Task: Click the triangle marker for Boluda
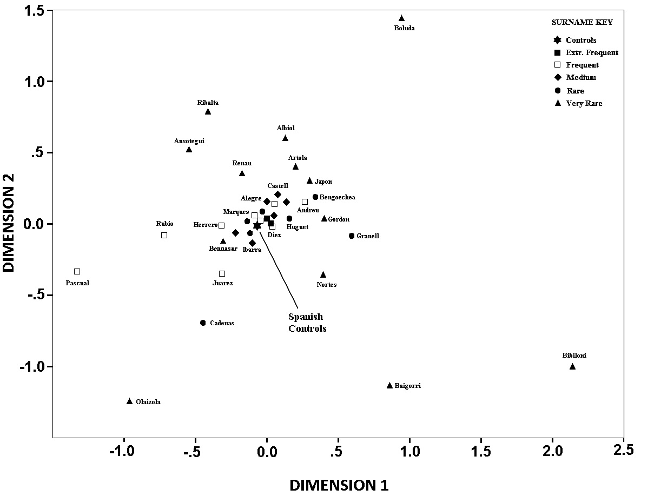pyautogui.click(x=401, y=18)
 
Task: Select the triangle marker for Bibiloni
pyautogui.click(x=572, y=367)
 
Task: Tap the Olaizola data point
pyautogui.click(x=129, y=401)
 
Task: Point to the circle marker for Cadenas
pyautogui.click(x=203, y=323)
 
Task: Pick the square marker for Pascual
pyautogui.click(x=77, y=271)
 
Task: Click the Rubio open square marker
pyautogui.click(x=164, y=235)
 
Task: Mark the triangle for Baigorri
pyautogui.click(x=389, y=386)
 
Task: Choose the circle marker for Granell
pyautogui.click(x=352, y=236)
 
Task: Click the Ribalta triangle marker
pyautogui.click(x=208, y=112)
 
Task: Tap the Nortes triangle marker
pyautogui.click(x=323, y=275)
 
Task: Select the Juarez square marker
pyautogui.click(x=222, y=273)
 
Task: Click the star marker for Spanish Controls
pyautogui.click(x=257, y=226)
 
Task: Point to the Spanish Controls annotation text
pyautogui.click(x=307, y=323)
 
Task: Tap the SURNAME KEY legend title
pyautogui.click(x=582, y=22)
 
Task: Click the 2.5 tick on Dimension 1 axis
pyautogui.click(x=624, y=452)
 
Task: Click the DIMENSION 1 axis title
pyautogui.click(x=339, y=485)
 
